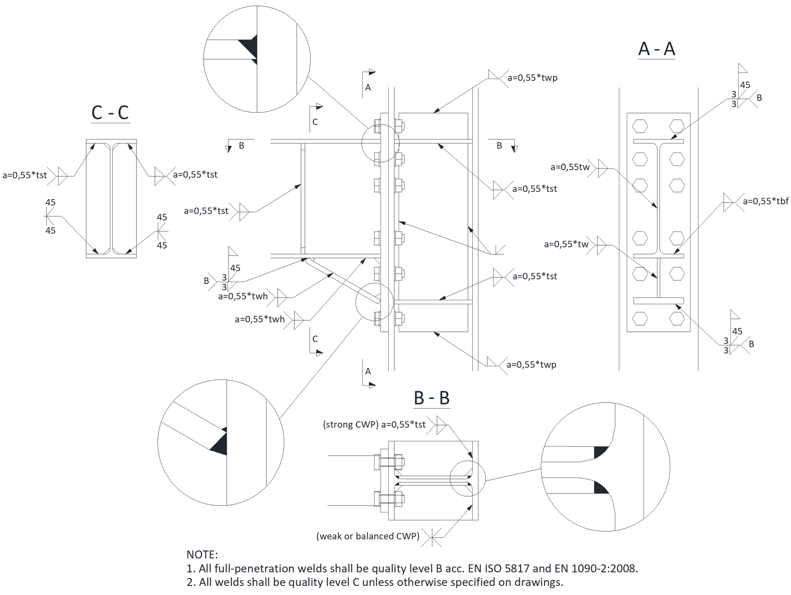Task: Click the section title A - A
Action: point(657,49)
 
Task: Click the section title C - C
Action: point(110,113)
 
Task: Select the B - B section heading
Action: point(431,398)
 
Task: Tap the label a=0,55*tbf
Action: point(765,201)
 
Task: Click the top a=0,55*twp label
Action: point(532,77)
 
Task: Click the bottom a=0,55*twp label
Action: point(531,364)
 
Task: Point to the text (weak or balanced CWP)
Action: point(368,536)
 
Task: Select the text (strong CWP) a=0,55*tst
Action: point(374,424)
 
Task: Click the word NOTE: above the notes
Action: point(202,554)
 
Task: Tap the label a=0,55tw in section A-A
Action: point(570,167)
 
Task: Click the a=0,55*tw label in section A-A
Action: point(566,244)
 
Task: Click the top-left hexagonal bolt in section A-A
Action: point(640,126)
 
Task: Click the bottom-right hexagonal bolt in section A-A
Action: point(677,318)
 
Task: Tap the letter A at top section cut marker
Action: point(368,87)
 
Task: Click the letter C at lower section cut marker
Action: point(315,339)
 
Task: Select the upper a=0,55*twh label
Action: point(243,296)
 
